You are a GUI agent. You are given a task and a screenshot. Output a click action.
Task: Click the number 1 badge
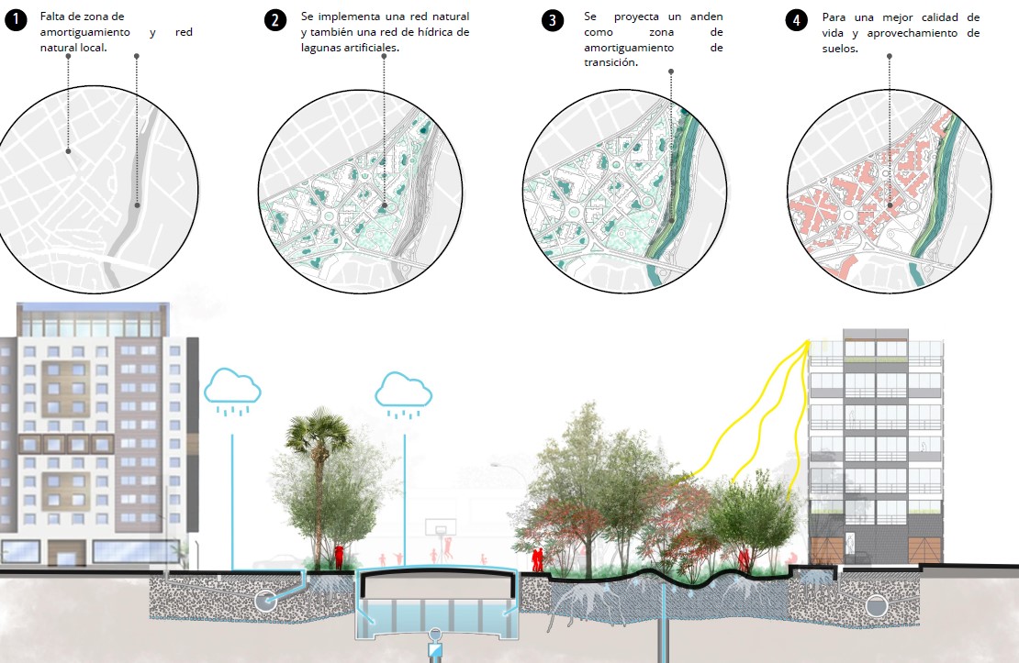[16, 20]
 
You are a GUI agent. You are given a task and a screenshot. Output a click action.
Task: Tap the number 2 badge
[275, 20]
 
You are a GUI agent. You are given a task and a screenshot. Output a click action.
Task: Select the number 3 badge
[553, 20]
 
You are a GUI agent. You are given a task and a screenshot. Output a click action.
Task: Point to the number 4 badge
[799, 20]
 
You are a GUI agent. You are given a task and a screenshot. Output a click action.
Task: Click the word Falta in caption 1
[54, 17]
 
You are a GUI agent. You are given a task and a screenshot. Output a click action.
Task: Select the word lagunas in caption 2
[321, 47]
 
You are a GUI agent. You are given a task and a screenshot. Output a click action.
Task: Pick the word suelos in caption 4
[839, 49]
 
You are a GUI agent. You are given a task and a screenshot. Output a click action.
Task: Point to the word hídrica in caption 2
[431, 32]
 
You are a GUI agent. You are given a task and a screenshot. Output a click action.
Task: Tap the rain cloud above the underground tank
[403, 389]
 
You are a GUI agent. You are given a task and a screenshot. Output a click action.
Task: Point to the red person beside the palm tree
[340, 556]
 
